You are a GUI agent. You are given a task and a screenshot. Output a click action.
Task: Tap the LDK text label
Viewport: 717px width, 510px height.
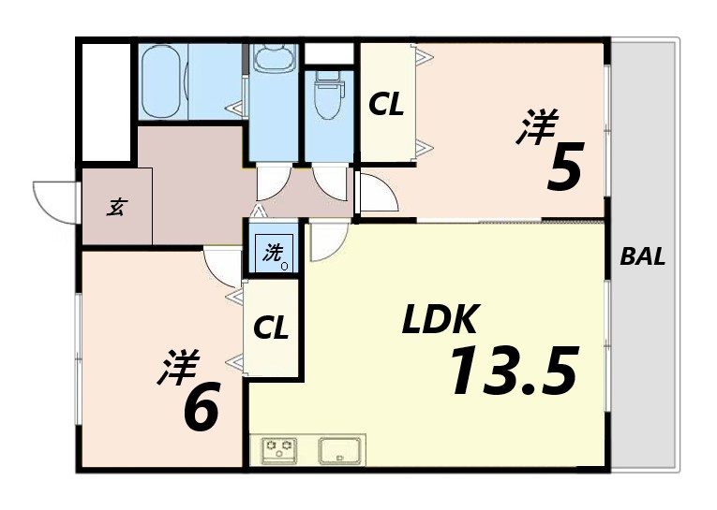click(441, 322)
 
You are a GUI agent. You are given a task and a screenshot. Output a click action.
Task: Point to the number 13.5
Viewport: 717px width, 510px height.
click(511, 371)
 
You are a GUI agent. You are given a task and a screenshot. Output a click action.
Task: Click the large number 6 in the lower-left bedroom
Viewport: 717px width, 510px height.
click(201, 407)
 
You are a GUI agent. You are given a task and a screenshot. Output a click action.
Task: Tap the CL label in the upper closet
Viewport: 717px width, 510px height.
click(385, 105)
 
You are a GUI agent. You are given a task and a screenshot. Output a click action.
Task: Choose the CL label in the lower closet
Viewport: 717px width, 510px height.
click(271, 328)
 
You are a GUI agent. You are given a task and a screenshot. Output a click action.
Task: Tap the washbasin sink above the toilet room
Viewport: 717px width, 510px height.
click(274, 60)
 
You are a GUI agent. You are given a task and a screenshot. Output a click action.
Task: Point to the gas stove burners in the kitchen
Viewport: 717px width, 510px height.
click(278, 450)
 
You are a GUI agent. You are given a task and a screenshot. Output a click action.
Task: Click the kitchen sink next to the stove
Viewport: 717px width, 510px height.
click(338, 450)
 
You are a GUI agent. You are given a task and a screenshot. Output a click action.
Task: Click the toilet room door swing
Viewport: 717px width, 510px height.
click(331, 178)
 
